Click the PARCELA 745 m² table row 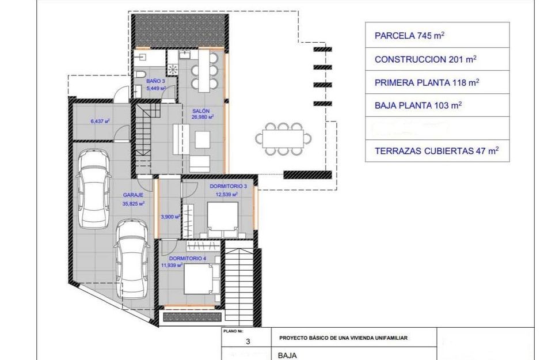[438, 35]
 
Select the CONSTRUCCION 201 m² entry [438, 59]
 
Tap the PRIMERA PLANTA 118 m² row [438, 82]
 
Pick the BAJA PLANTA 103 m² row [438, 105]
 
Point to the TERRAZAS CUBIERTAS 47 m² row [438, 151]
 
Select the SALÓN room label [201, 111]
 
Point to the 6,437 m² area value [100, 122]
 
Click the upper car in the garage [96, 188]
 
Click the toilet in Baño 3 [139, 78]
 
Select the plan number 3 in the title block [248, 342]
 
